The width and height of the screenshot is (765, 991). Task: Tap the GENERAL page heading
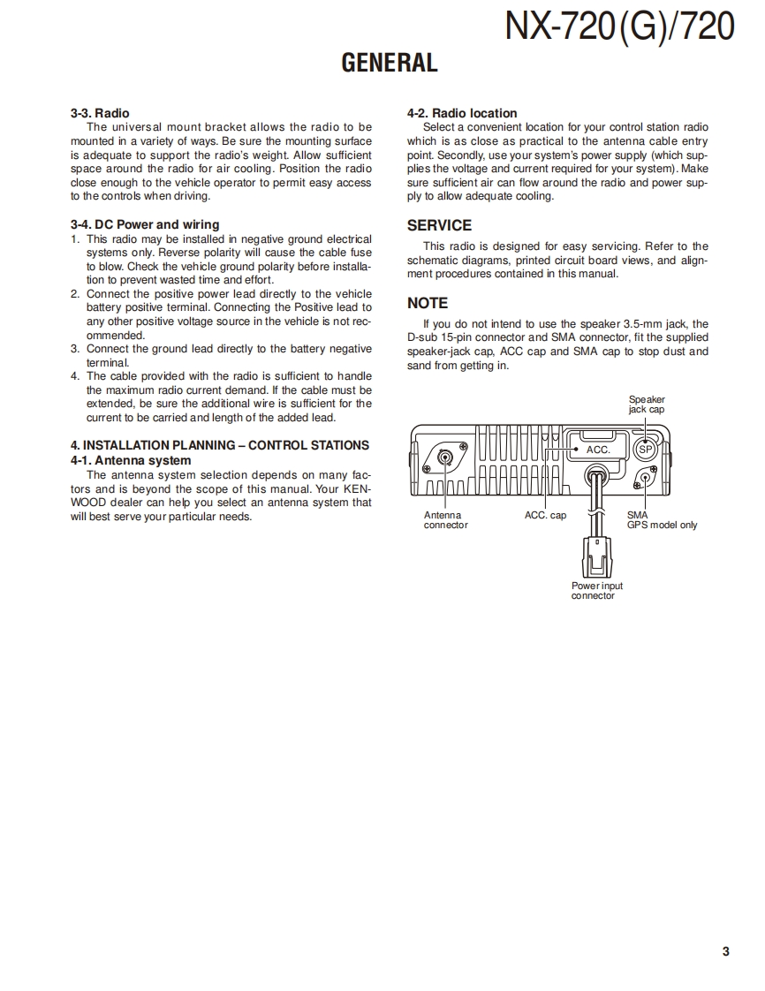(x=390, y=63)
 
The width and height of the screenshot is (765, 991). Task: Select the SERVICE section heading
(x=439, y=225)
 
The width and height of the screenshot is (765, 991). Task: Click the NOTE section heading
(x=427, y=303)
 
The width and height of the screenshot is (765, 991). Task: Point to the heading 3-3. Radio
(x=100, y=113)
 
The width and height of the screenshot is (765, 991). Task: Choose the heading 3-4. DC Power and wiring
(x=145, y=224)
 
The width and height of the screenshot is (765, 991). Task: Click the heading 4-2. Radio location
(x=462, y=113)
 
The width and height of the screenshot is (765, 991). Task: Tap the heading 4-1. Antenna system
(x=131, y=460)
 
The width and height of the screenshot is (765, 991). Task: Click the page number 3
(x=725, y=951)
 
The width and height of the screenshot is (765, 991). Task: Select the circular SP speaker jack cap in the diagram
(x=645, y=449)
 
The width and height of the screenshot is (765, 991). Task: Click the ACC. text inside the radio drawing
(x=598, y=450)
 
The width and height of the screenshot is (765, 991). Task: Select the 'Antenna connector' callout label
(x=445, y=520)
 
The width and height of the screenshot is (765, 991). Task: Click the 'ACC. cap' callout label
(x=545, y=515)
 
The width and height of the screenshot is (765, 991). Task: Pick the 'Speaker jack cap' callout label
(x=647, y=405)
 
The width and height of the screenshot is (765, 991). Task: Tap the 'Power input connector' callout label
(x=596, y=590)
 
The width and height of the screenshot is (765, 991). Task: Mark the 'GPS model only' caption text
(x=662, y=525)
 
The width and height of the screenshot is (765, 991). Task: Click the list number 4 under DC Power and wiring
(x=74, y=376)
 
